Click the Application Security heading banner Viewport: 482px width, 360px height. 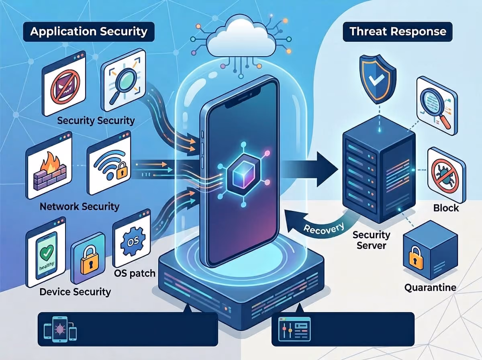tap(89, 32)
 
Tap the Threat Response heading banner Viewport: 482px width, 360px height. tap(398, 32)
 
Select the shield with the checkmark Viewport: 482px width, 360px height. tap(378, 79)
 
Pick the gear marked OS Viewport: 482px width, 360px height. tap(133, 241)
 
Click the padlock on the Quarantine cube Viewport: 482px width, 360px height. tap(416, 258)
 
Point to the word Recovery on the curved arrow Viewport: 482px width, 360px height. tap(323, 229)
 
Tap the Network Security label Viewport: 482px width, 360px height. tap(80, 207)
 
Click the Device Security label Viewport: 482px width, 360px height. tap(75, 292)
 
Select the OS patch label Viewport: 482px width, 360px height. tap(135, 274)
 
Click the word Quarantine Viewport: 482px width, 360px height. tap(430, 288)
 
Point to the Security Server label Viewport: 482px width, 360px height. tap(371, 240)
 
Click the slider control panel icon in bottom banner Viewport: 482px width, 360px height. tap(294, 329)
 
